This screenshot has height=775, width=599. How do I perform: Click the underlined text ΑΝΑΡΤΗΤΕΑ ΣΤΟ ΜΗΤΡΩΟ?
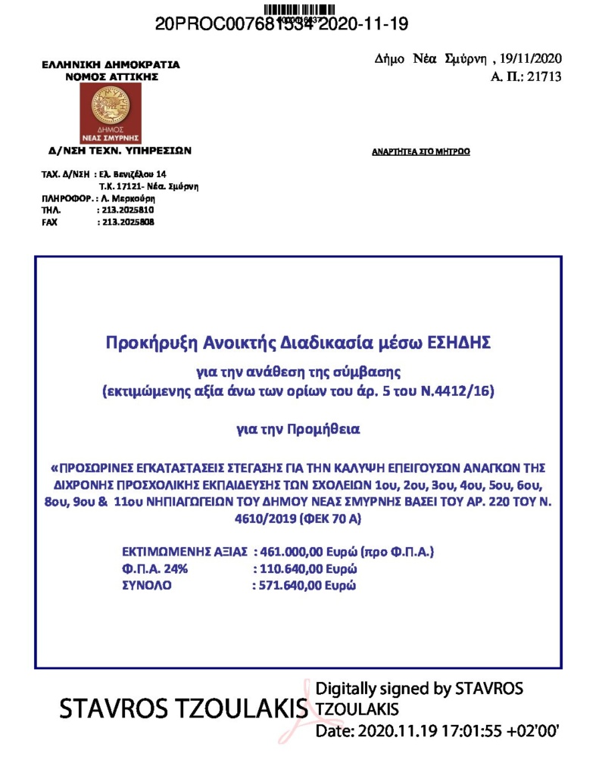[x=421, y=152]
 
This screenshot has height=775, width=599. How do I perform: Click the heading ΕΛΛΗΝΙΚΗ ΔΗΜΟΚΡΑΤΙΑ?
[x=111, y=65]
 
